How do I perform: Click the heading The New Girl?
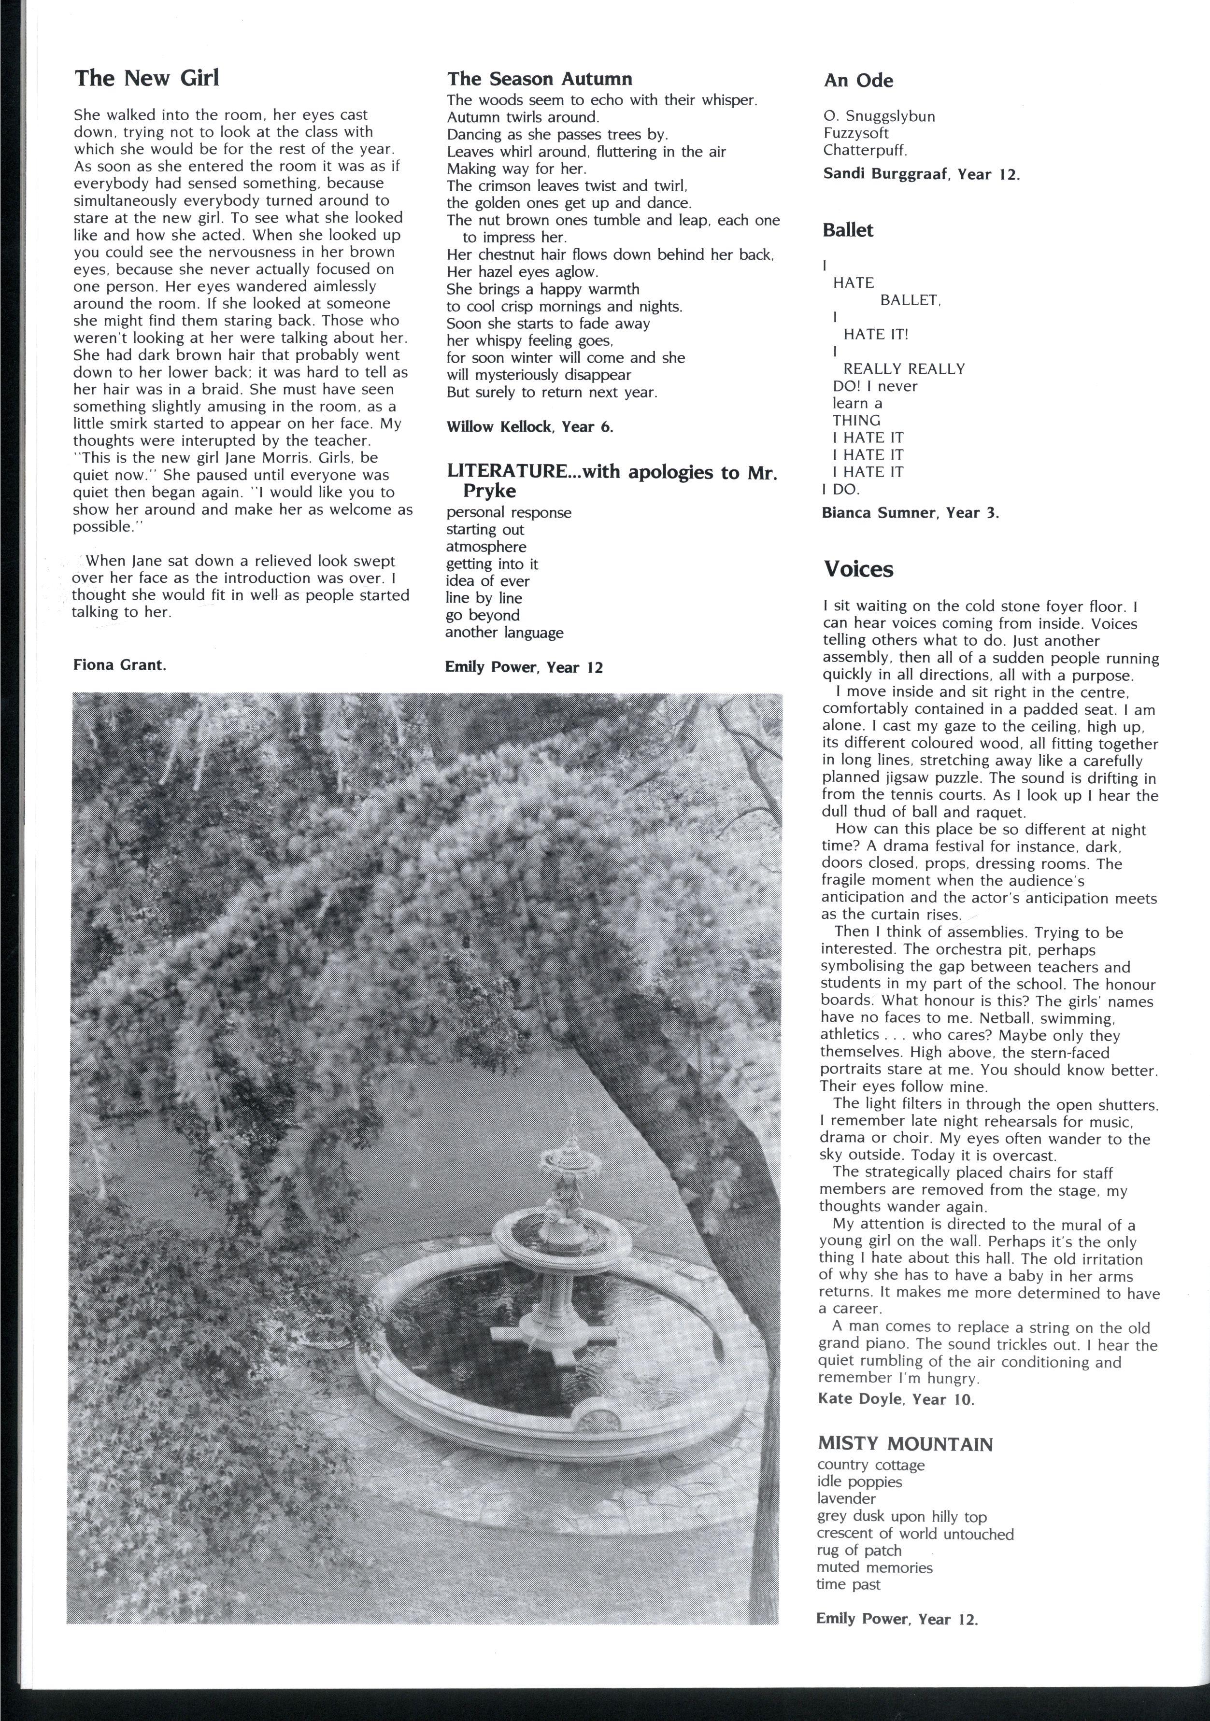[x=147, y=78]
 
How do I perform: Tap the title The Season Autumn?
[x=540, y=79]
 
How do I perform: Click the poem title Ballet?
[x=848, y=230]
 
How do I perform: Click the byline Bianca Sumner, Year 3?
[x=910, y=513]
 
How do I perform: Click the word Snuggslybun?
[x=887, y=116]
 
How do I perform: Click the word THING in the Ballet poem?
[x=856, y=421]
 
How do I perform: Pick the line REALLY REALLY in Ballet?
[x=903, y=369]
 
